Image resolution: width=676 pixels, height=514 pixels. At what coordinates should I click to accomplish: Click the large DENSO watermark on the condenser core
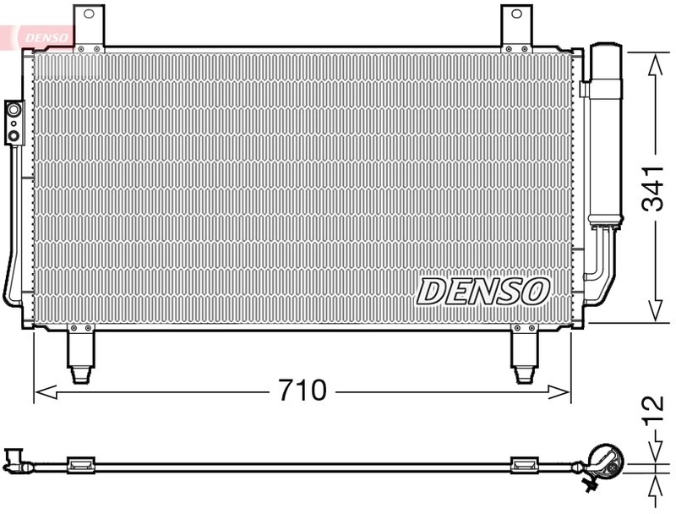click(x=483, y=292)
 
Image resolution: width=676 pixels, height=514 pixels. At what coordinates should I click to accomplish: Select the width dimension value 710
click(x=302, y=391)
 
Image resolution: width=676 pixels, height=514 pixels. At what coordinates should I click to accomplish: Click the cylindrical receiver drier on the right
click(x=605, y=135)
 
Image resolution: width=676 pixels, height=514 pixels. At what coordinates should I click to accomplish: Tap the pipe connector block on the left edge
click(x=14, y=120)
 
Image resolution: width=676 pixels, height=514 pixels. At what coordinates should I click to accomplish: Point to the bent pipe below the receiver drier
click(x=602, y=269)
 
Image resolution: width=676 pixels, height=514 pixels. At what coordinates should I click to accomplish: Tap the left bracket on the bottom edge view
click(x=80, y=463)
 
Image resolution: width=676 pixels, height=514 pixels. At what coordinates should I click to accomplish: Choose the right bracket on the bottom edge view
click(x=525, y=463)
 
